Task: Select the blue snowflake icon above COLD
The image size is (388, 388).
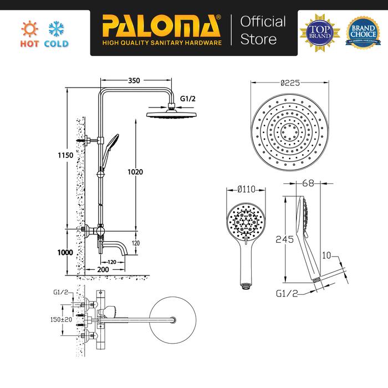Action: click(x=56, y=28)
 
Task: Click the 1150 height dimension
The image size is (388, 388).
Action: click(x=66, y=157)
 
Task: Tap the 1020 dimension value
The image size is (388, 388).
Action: click(x=135, y=172)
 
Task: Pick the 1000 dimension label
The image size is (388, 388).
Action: click(x=65, y=252)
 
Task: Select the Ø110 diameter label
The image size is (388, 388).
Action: click(x=244, y=190)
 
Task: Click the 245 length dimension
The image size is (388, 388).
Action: click(x=283, y=239)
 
